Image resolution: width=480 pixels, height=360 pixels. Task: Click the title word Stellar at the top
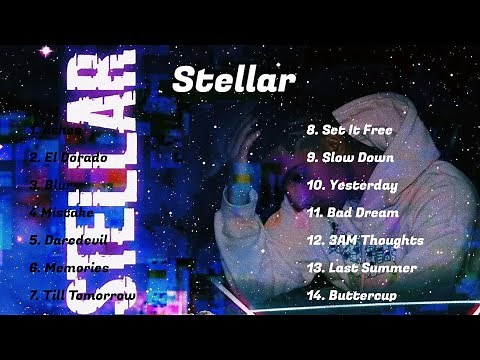click(233, 79)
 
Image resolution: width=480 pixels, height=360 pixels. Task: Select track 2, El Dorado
click(67, 157)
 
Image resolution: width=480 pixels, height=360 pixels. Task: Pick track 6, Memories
click(68, 268)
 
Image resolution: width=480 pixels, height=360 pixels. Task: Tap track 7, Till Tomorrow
click(82, 295)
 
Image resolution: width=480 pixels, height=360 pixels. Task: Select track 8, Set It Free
click(350, 130)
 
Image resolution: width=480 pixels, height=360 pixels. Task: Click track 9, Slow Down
click(350, 157)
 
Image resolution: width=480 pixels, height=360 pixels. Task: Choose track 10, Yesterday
click(352, 185)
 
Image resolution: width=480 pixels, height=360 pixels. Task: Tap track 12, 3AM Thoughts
click(364, 240)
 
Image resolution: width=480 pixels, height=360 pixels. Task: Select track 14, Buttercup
click(351, 295)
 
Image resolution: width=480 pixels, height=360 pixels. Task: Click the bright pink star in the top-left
click(44, 50)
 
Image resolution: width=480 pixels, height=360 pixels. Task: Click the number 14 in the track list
click(313, 295)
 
